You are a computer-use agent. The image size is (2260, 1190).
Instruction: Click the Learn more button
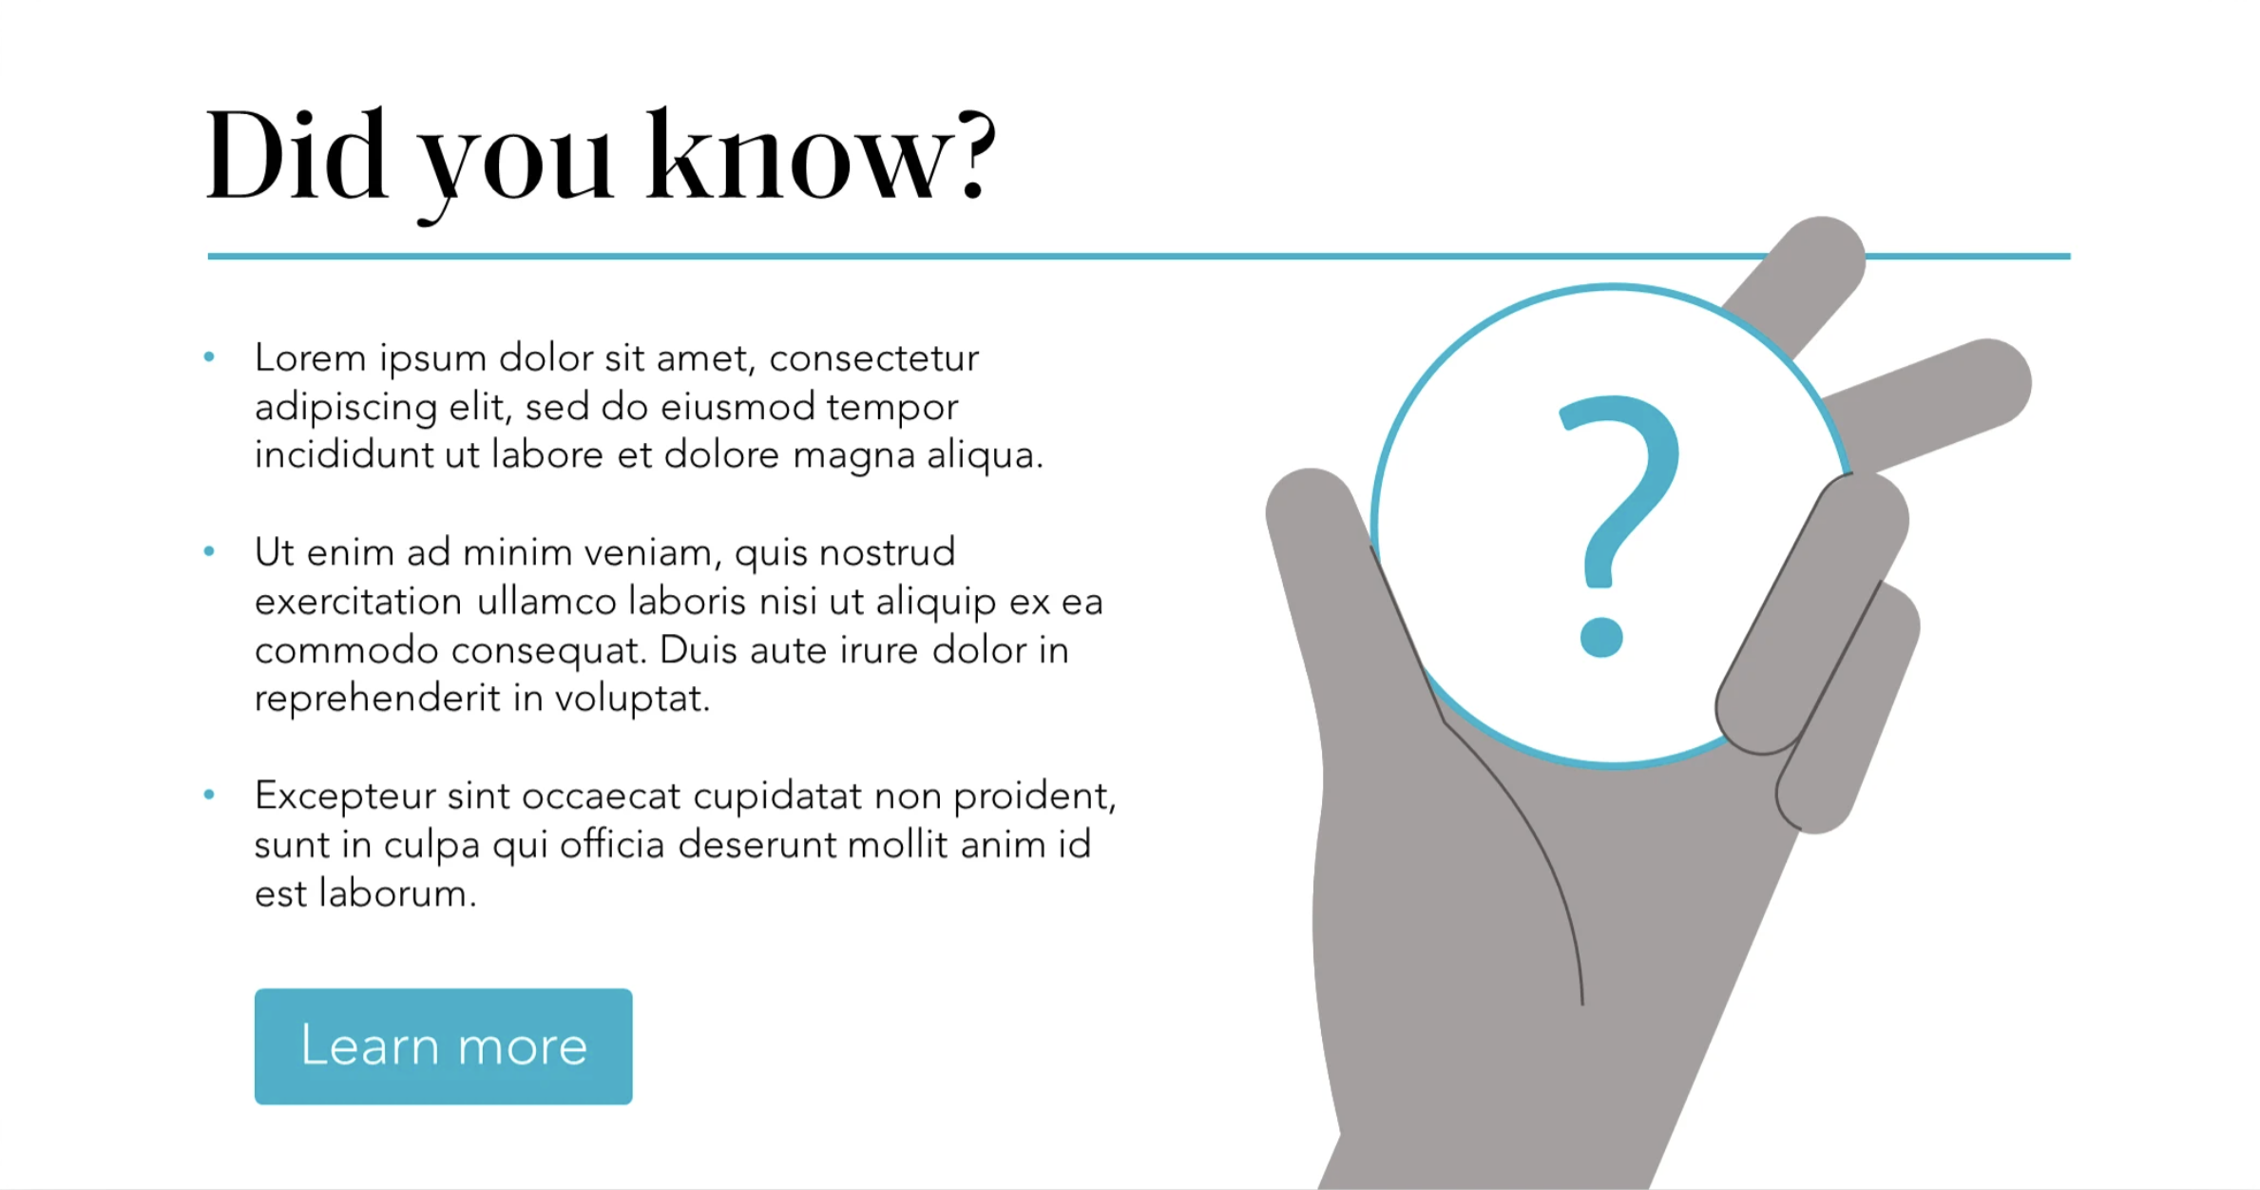click(x=443, y=1046)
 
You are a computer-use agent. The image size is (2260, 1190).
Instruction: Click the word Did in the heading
click(x=297, y=154)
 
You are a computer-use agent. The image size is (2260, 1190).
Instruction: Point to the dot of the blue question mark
click(x=1601, y=637)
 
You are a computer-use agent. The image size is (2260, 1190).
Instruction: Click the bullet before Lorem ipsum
click(x=209, y=357)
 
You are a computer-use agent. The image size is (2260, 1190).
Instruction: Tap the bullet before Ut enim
click(x=209, y=551)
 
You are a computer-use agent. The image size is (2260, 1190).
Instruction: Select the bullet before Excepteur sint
click(x=209, y=795)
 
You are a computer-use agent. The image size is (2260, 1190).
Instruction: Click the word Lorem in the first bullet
click(x=310, y=357)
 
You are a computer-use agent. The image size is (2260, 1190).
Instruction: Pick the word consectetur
click(x=873, y=358)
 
